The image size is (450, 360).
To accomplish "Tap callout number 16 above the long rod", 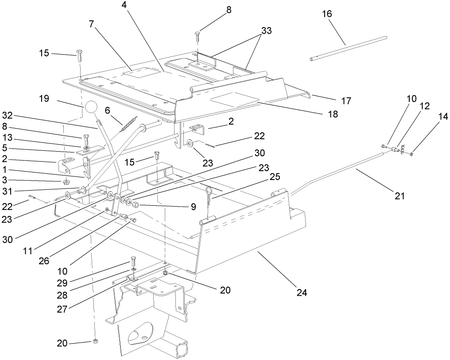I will coord(327,14).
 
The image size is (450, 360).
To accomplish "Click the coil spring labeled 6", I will coord(128,124).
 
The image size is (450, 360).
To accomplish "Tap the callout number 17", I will coord(346,101).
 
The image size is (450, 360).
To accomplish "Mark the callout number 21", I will coord(400,195).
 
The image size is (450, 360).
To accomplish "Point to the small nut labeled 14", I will coord(411,153).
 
